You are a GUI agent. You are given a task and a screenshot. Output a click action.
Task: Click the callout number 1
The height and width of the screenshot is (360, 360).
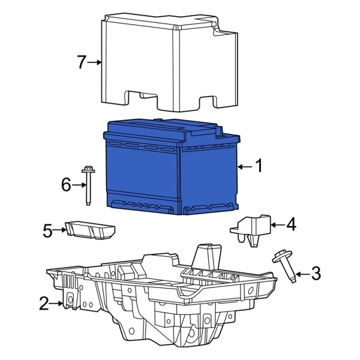[259, 166]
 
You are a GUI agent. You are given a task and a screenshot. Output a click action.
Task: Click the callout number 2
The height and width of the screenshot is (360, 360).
[44, 304]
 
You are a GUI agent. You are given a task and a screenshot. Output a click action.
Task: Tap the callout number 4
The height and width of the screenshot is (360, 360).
[290, 225]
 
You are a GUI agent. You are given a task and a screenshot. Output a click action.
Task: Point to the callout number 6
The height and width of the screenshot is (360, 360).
[66, 185]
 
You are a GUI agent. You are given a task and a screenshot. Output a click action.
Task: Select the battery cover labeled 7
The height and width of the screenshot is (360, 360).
[162, 60]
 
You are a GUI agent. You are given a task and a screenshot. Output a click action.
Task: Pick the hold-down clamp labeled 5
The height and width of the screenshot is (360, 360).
[90, 229]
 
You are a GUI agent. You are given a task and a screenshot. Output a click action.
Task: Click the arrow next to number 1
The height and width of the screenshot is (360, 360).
[243, 166]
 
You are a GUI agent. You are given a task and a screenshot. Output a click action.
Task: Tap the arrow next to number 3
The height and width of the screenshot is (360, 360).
[301, 275]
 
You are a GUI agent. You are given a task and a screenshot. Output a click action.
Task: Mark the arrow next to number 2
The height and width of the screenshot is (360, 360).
[59, 304]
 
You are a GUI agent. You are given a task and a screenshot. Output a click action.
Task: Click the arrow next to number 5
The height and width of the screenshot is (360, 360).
[62, 229]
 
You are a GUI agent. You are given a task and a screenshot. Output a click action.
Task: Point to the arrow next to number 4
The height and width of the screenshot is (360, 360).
[276, 225]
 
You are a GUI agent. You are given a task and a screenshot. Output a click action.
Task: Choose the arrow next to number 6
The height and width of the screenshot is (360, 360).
[79, 185]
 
